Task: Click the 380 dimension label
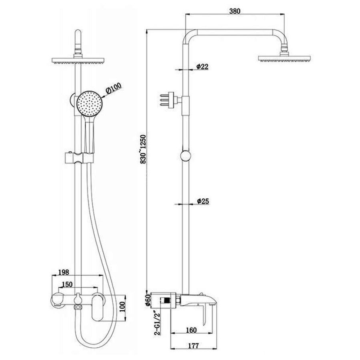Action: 235,11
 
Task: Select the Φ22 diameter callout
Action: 202,67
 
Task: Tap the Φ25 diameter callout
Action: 203,201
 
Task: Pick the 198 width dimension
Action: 64,272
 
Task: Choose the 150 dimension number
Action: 67,284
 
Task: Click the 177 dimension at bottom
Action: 193,346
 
